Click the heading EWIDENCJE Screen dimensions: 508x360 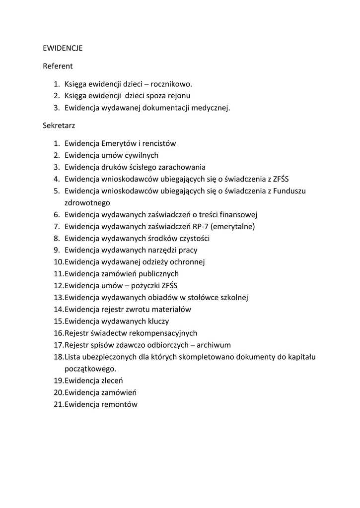[x=63, y=49]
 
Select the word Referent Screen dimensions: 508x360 [x=58, y=65]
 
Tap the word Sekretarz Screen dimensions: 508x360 [x=59, y=126]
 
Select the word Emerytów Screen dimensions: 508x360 [x=119, y=143]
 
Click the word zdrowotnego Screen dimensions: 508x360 [x=87, y=203]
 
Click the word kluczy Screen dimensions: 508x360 [x=158, y=321]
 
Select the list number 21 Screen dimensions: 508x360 [x=58, y=404]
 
